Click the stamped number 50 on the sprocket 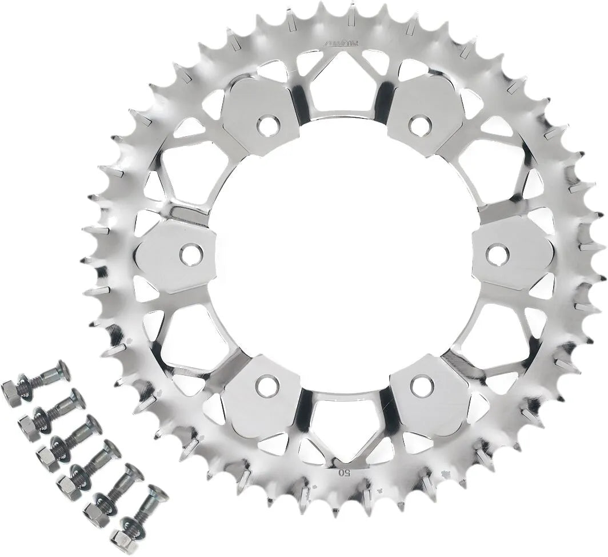point(344,472)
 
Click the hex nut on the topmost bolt point(11,393)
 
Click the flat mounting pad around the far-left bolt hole point(171,257)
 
